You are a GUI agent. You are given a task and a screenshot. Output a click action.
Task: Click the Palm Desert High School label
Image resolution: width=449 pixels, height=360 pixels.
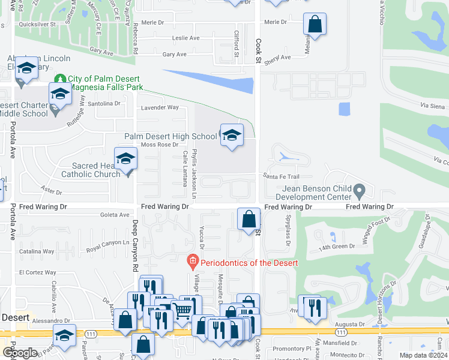(x=170, y=136)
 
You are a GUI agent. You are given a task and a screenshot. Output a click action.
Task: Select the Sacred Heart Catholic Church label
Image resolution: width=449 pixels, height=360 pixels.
(x=91, y=170)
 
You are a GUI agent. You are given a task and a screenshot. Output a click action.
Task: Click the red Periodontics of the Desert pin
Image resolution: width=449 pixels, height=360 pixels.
(x=193, y=262)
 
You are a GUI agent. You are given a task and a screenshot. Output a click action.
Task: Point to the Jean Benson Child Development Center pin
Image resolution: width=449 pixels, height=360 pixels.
(x=359, y=192)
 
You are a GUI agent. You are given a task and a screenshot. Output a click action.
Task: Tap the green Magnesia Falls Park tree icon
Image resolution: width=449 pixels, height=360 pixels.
(x=59, y=79)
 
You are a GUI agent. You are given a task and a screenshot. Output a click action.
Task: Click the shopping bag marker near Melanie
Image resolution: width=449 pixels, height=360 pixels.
(x=315, y=25)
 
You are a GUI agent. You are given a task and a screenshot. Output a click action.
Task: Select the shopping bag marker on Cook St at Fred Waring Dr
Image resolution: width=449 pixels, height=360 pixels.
(x=249, y=220)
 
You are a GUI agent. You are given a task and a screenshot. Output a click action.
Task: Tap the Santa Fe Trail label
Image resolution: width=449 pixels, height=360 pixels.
(x=280, y=176)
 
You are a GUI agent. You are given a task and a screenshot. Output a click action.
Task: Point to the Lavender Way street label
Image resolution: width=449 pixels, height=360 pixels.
(x=160, y=107)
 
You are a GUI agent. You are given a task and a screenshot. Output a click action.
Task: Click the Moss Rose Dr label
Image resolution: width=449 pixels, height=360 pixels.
(x=159, y=145)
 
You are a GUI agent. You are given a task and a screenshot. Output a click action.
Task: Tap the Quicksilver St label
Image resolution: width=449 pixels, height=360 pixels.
(x=37, y=25)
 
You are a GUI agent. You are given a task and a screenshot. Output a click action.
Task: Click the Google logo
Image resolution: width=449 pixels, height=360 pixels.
(x=20, y=353)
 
